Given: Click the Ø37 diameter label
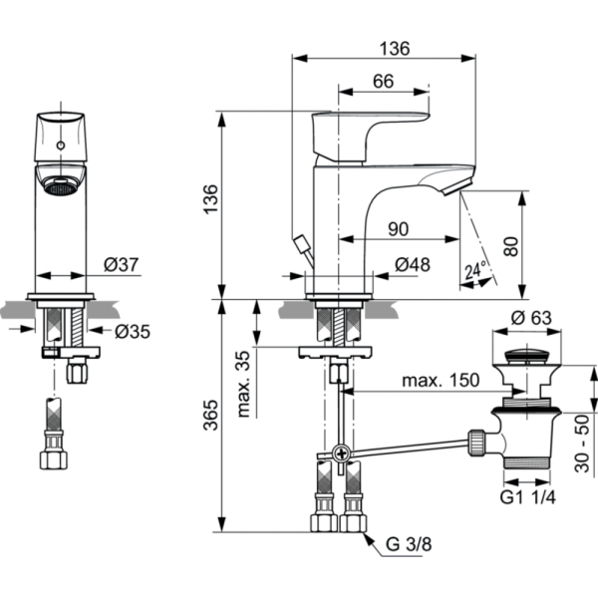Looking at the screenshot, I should pos(123,265).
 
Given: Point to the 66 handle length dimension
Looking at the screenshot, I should pos(384,84).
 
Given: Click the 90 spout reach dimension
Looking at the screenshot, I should pos(398,228).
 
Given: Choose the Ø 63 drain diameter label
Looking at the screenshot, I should pos(531,319).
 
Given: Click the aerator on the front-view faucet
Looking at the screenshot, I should pos(63,184).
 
